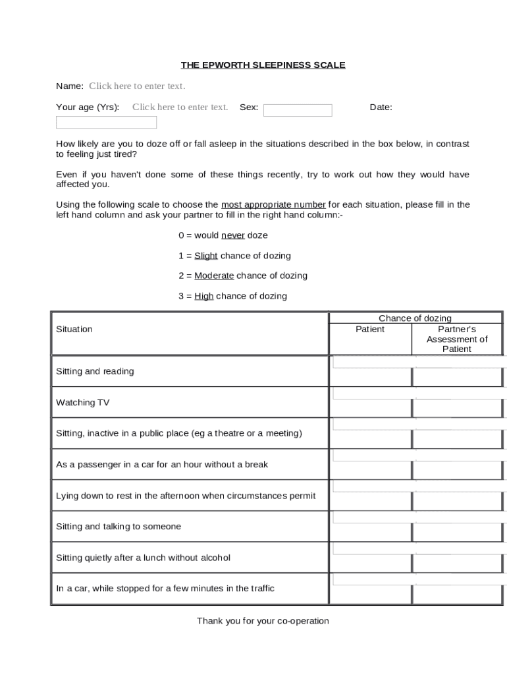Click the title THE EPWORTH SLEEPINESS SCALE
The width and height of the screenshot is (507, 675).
coord(263,65)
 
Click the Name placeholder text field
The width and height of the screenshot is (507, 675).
coord(137,86)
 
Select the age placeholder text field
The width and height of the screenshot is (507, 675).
coord(180,107)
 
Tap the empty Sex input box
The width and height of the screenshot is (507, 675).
coord(298,110)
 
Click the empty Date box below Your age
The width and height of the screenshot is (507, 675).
coord(106,123)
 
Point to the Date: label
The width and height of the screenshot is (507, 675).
coord(381,107)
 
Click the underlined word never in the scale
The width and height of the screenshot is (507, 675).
coord(232,235)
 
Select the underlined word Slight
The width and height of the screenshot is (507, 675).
coord(205,256)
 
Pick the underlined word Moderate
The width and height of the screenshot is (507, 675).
coord(214,276)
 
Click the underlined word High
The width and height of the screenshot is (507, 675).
coord(203,296)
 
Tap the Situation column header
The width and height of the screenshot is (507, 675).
coord(74,329)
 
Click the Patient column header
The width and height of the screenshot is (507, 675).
coord(370,329)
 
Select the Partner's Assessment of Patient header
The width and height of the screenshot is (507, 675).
coord(457,339)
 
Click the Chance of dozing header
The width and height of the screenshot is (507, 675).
coord(415,318)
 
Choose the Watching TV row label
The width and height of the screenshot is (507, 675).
coord(83,402)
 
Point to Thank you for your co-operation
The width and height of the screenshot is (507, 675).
coord(263,621)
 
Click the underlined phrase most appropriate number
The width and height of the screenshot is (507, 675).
coord(273,204)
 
